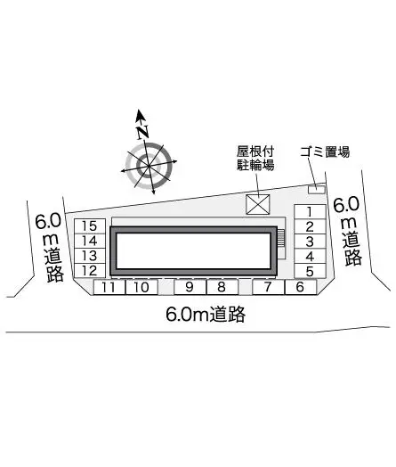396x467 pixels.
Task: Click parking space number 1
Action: [310, 212]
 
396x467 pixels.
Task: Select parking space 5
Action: [310, 271]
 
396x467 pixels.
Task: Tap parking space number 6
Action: [300, 287]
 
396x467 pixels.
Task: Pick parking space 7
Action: [268, 287]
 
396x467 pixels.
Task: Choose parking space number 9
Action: [190, 287]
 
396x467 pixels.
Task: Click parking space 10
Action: [141, 287]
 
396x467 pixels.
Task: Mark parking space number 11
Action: [109, 287]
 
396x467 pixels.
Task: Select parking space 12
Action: [90, 271]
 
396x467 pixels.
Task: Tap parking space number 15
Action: [90, 226]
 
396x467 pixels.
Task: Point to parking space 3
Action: [310, 242]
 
